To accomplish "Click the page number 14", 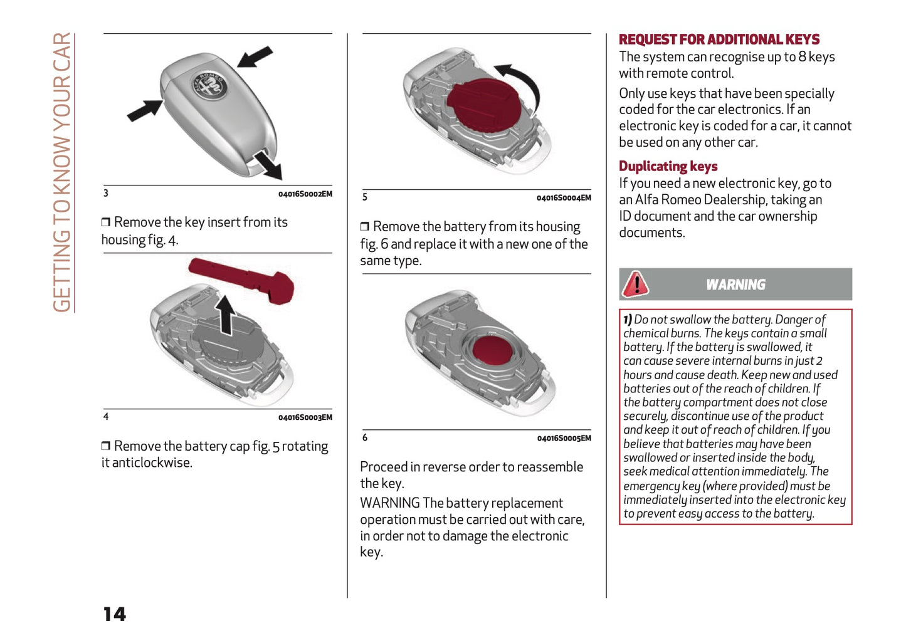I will pyautogui.click(x=115, y=614).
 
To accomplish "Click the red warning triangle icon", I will pyautogui.click(x=635, y=284).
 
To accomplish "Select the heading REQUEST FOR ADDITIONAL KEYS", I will pyautogui.click(x=719, y=39).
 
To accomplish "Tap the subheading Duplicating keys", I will pyautogui.click(x=668, y=166).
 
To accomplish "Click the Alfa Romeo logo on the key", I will pyautogui.click(x=209, y=85).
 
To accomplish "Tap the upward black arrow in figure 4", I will pyautogui.click(x=225, y=313).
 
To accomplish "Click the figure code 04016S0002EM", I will pyautogui.click(x=305, y=194).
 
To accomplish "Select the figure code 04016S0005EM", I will pyautogui.click(x=564, y=438).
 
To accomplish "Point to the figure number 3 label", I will pyautogui.click(x=106, y=193).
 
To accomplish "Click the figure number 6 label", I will pyautogui.click(x=365, y=437).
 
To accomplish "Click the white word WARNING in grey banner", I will pyautogui.click(x=735, y=285).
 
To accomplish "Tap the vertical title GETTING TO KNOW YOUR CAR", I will pyautogui.click(x=62, y=172).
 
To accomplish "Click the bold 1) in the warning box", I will pyautogui.click(x=627, y=320).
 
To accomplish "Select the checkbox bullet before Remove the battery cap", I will pyautogui.click(x=106, y=446).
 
